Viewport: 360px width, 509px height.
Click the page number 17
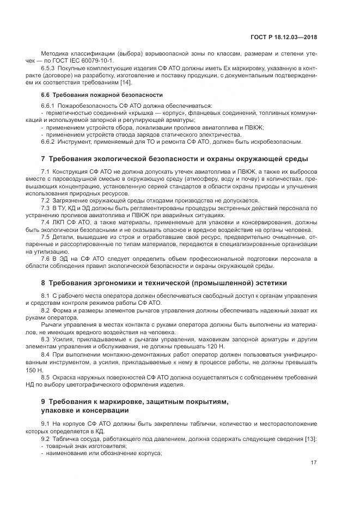coord(313,463)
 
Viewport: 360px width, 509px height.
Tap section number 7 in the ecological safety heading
coord(43,158)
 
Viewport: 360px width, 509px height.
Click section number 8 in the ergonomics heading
coord(43,283)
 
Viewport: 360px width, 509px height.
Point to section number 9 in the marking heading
coord(43,401)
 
